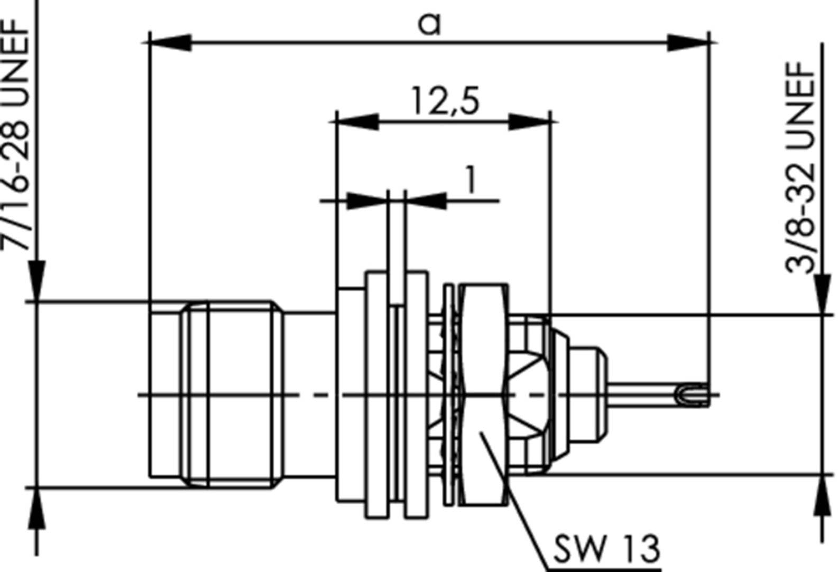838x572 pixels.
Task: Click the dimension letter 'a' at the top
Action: [x=429, y=23]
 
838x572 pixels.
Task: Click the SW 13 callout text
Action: [x=606, y=549]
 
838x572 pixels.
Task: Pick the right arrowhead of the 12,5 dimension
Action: [x=529, y=122]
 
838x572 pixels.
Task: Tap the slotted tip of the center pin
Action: [x=693, y=394]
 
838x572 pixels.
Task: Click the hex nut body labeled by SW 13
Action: [x=482, y=370]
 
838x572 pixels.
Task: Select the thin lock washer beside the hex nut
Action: [x=449, y=394]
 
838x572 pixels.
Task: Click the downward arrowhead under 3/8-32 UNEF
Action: [x=822, y=294]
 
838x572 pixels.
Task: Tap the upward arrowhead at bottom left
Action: [x=36, y=508]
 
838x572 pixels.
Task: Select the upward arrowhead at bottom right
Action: [x=822, y=494]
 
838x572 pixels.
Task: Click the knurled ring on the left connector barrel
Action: [x=196, y=394]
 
